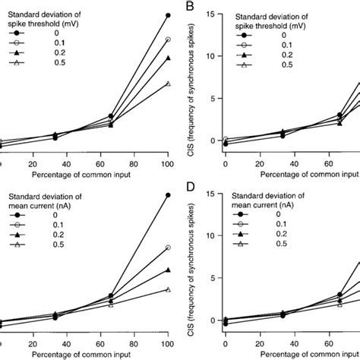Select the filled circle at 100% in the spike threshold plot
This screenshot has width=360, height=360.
tap(168, 14)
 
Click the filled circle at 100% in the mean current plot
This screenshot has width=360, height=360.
tap(168, 195)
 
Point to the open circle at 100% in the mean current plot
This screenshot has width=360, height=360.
tap(168, 248)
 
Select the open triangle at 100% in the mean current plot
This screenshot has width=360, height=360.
tap(168, 289)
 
